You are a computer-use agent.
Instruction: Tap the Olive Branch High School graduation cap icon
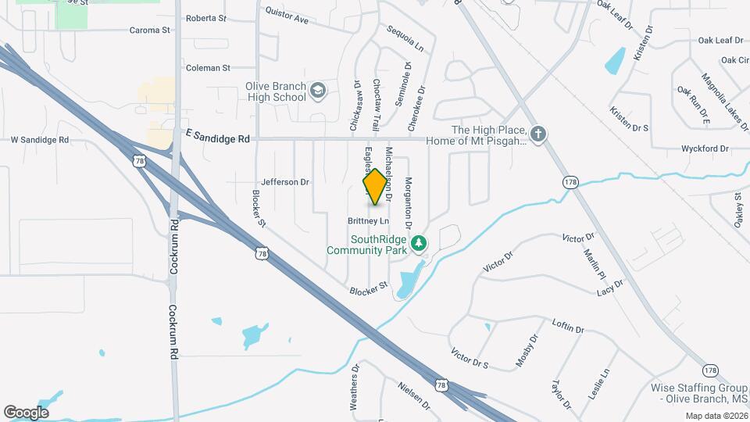pyautogui.click(x=318, y=91)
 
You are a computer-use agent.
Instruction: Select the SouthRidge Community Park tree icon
pyautogui.click(x=420, y=245)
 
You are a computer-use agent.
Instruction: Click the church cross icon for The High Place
pyautogui.click(x=537, y=133)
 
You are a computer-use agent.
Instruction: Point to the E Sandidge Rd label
pyautogui.click(x=218, y=138)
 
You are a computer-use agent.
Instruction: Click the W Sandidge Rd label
pyautogui.click(x=40, y=140)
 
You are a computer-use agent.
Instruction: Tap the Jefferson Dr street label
pyautogui.click(x=285, y=182)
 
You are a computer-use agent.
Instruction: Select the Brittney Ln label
pyautogui.click(x=368, y=221)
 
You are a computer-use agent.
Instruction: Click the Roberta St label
pyautogui.click(x=206, y=17)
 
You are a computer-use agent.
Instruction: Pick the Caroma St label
pyautogui.click(x=149, y=30)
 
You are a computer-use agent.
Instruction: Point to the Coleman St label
pyautogui.click(x=208, y=68)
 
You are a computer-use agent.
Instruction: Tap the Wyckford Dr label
pyautogui.click(x=705, y=148)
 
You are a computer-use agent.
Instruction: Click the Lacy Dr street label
pyautogui.click(x=609, y=288)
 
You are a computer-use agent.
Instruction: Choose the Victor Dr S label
pyautogui.click(x=470, y=360)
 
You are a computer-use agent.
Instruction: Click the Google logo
pyautogui.click(x=26, y=413)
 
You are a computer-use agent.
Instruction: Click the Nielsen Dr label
pyautogui.click(x=413, y=395)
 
